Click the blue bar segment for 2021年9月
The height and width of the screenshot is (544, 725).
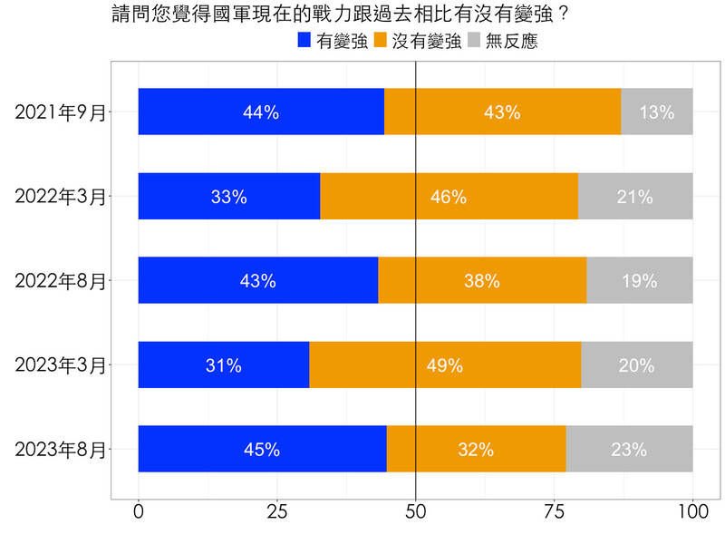click(261, 112)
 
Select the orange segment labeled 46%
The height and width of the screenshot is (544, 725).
click(449, 196)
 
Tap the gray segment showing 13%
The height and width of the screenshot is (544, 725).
click(657, 112)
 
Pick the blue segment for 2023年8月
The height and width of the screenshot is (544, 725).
click(262, 449)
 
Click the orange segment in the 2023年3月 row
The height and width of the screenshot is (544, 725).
click(444, 364)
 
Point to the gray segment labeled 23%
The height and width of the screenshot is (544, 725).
click(629, 449)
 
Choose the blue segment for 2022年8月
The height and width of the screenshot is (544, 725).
click(258, 280)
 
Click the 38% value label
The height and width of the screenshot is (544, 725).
click(482, 281)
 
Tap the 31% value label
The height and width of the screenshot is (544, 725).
click(223, 365)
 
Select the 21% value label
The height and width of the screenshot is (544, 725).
click(635, 197)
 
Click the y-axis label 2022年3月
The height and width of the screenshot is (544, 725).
click(61, 197)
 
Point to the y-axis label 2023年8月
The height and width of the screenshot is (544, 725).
click(61, 450)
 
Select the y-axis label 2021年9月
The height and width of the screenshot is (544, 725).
click(61, 112)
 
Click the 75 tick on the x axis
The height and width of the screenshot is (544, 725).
click(554, 511)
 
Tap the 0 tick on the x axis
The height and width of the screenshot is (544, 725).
click(139, 511)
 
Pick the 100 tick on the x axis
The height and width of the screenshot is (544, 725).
click(692, 511)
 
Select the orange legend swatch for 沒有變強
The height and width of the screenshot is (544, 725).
click(381, 41)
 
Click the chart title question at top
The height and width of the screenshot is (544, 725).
click(345, 15)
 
